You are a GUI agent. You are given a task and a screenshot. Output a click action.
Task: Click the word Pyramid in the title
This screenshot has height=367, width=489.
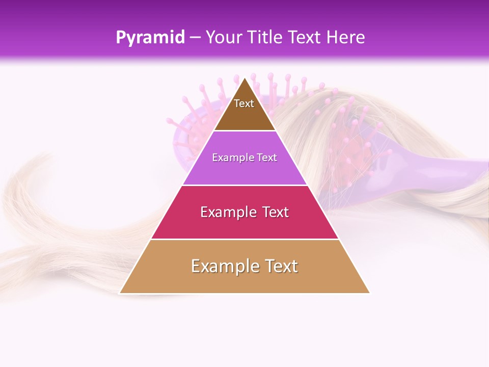point(150,38)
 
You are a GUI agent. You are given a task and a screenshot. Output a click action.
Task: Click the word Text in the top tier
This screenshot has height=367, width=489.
point(244,103)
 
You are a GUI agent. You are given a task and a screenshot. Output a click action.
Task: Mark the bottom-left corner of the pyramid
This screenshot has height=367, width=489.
point(120,293)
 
